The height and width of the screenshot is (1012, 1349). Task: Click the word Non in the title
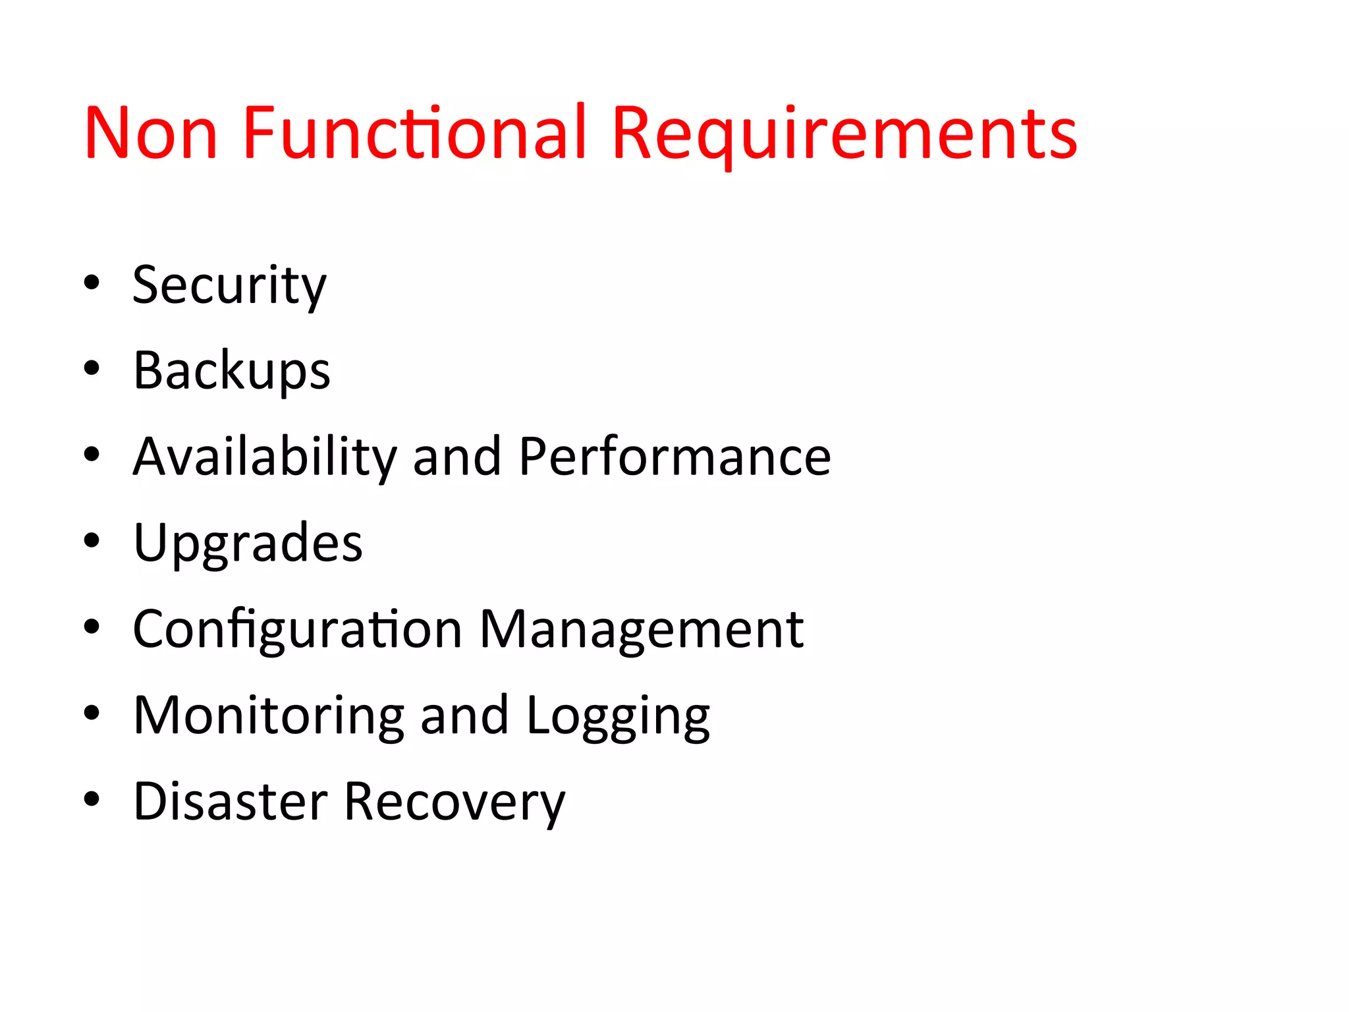click(151, 133)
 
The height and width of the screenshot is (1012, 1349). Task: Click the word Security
click(229, 285)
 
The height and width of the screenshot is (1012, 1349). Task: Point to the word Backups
click(231, 371)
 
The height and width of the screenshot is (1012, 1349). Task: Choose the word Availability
click(265, 457)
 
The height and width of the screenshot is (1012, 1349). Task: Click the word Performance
click(674, 457)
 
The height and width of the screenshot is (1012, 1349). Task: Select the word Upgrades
click(248, 544)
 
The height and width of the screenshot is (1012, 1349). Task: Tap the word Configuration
click(297, 630)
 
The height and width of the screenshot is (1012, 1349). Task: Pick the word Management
click(641, 630)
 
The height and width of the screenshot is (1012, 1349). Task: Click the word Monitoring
click(269, 716)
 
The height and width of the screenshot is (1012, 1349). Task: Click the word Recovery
click(454, 803)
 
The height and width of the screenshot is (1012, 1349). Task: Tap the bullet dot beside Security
click(92, 283)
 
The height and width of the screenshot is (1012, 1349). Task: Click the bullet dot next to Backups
click(92, 368)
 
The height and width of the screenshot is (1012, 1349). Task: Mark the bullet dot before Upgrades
click(92, 541)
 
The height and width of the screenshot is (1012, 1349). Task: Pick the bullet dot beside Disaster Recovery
click(92, 799)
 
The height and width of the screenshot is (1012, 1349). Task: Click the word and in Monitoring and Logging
click(464, 716)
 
